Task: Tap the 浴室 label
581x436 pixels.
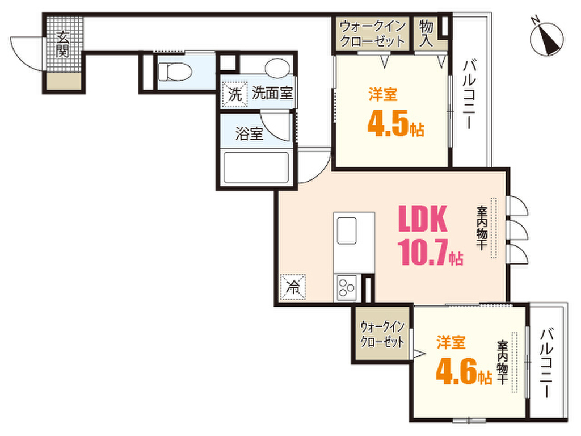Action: tap(249, 135)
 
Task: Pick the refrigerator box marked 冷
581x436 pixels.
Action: tap(293, 286)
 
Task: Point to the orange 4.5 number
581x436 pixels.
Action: tap(388, 124)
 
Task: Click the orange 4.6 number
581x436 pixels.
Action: tap(456, 372)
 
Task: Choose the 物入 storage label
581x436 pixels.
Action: tap(428, 33)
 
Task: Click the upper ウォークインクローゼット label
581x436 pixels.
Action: tap(373, 33)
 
